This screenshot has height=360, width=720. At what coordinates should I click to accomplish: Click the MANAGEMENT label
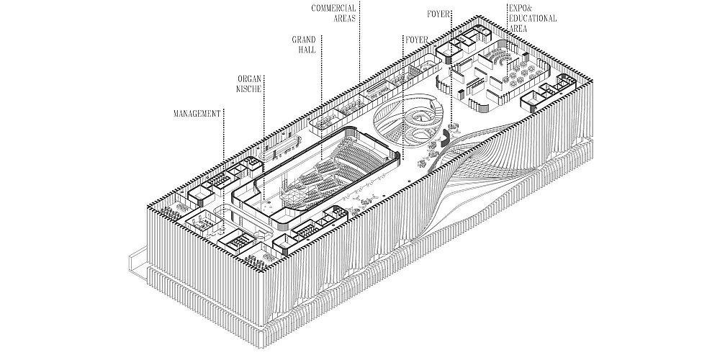197,114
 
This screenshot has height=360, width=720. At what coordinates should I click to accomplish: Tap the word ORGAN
249,79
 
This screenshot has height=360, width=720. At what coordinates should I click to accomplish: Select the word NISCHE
248,89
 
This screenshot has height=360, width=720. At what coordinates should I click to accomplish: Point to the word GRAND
304,40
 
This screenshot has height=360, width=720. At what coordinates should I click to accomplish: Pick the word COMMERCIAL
333,8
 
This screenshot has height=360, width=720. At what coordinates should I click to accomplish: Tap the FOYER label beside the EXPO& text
438,14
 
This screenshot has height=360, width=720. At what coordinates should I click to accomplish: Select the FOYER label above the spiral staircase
416,40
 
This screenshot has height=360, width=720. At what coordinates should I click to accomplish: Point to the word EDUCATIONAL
532,19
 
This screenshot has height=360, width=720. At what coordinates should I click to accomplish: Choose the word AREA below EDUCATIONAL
518,29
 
